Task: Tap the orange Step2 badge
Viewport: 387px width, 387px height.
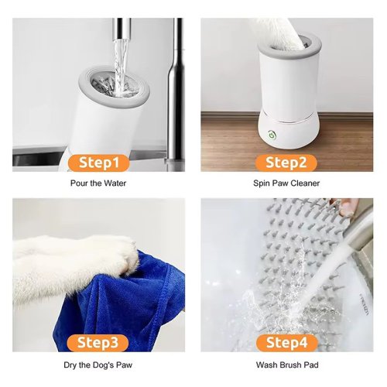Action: coord(286,163)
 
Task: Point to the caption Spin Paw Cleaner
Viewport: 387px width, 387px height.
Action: coord(286,183)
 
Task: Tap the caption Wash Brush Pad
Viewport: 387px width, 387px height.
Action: coord(286,365)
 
